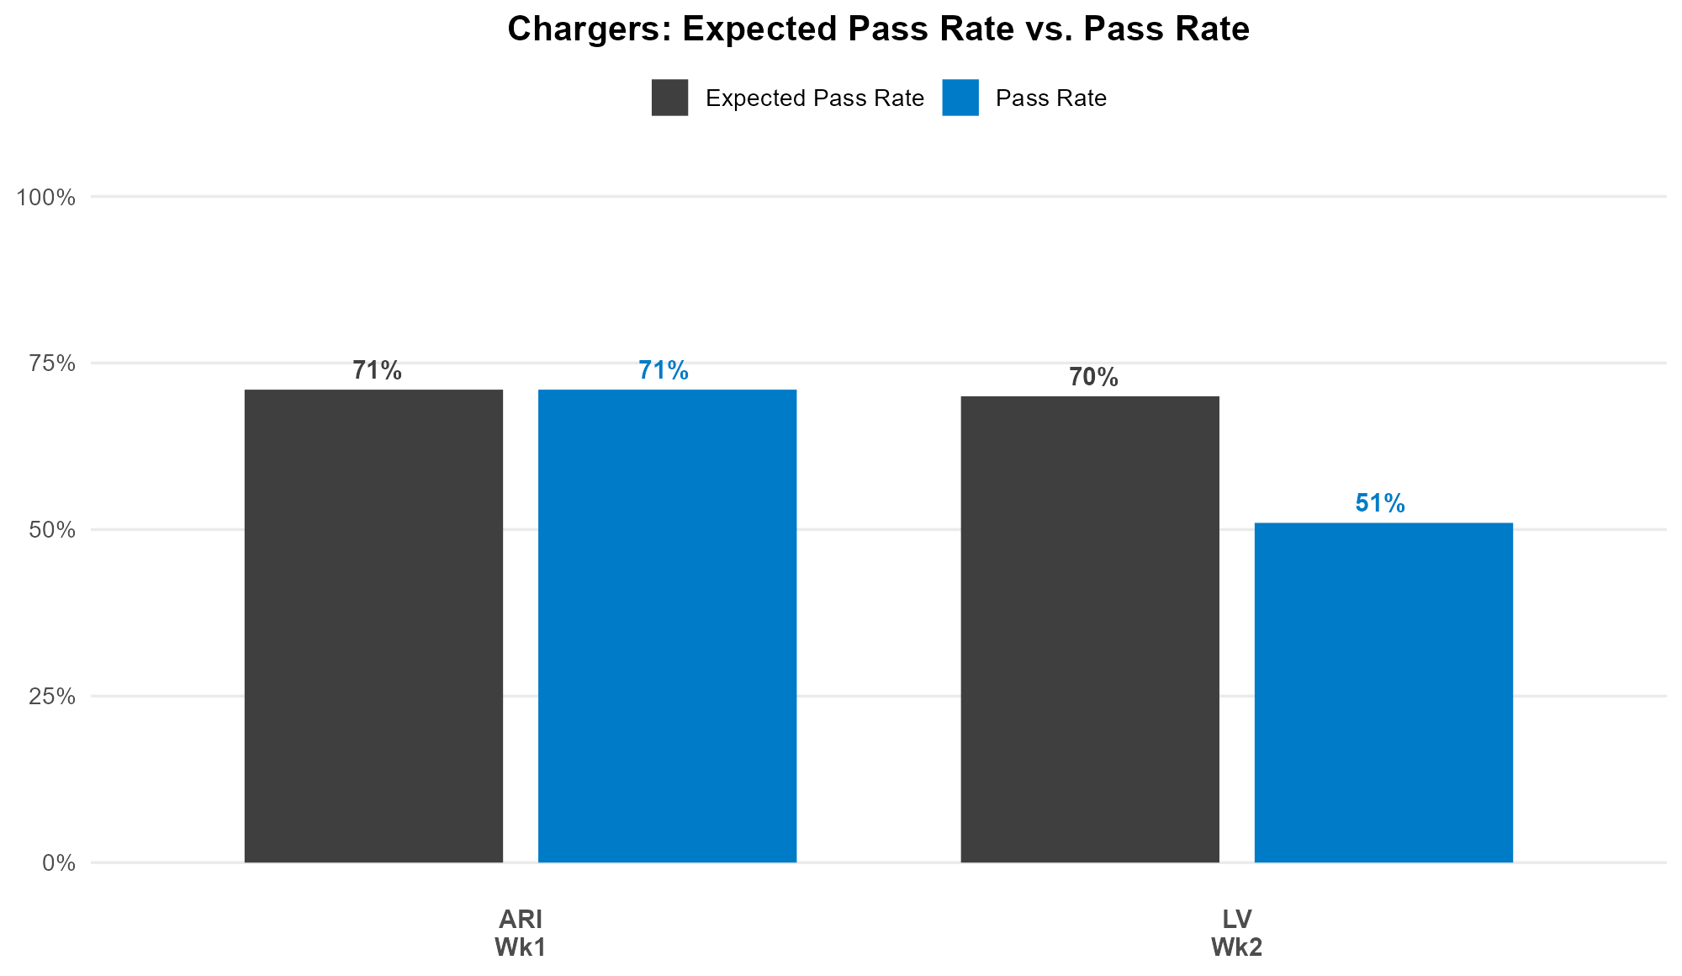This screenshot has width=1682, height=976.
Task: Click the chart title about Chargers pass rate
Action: tap(878, 29)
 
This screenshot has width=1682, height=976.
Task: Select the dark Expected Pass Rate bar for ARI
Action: tap(373, 626)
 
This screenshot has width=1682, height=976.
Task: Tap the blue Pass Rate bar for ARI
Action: tap(667, 626)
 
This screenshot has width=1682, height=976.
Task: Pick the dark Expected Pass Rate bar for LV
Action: tap(1090, 629)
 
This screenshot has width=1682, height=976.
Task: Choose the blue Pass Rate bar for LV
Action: tap(1383, 692)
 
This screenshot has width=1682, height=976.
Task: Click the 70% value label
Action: tap(1093, 378)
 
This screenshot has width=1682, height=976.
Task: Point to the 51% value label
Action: tap(1380, 504)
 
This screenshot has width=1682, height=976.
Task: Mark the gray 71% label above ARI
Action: tap(377, 371)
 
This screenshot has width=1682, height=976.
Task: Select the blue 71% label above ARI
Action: tap(664, 371)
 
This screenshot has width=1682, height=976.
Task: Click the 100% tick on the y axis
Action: tap(46, 198)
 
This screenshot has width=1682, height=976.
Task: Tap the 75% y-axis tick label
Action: tap(52, 363)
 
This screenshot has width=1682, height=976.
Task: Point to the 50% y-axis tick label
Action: tap(52, 530)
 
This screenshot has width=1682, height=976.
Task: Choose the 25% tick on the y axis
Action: tap(52, 697)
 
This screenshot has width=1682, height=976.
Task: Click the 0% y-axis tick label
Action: tap(59, 863)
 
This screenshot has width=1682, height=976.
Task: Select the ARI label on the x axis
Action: tap(521, 919)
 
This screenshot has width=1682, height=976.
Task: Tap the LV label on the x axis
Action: tap(1237, 919)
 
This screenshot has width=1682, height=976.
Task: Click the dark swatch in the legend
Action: tap(669, 98)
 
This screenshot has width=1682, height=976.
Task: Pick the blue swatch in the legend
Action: tap(960, 98)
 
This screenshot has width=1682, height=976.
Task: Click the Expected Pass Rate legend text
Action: tap(815, 98)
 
